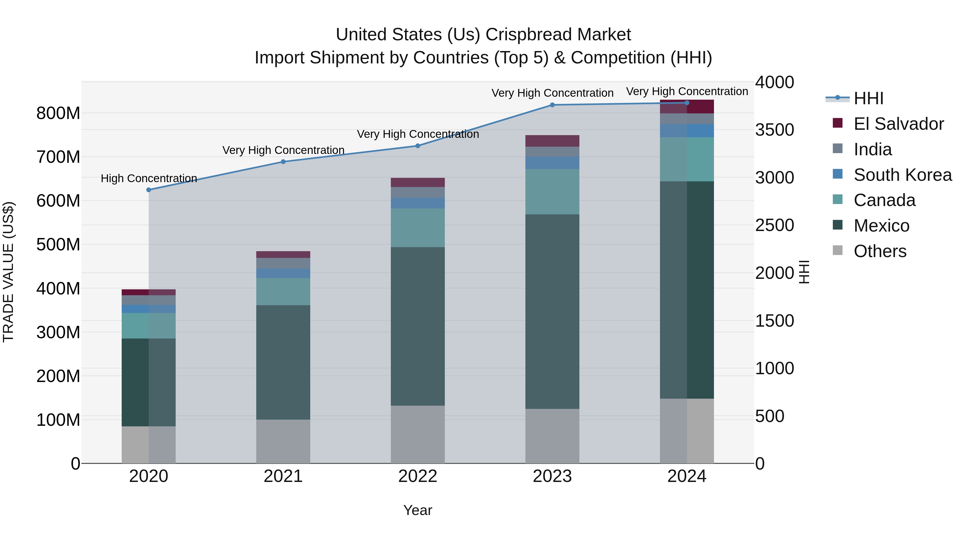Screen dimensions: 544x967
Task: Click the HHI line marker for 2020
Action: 149,190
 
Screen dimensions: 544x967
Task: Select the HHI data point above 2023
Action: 552,105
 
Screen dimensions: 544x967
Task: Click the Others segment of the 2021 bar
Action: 283,441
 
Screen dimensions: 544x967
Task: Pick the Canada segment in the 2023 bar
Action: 552,192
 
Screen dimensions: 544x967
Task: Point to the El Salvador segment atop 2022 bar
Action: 417,182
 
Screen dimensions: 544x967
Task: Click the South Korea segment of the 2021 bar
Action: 283,273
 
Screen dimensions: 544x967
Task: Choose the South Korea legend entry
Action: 903,175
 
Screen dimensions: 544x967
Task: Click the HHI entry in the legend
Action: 868,98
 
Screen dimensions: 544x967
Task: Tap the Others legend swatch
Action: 838,250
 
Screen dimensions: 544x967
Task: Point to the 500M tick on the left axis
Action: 58,245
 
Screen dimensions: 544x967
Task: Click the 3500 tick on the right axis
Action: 774,130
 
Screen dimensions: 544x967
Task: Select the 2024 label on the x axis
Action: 687,476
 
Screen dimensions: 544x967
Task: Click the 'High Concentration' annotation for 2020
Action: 149,178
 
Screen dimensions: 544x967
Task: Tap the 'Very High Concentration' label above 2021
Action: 283,150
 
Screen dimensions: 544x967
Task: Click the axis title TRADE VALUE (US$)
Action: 8,272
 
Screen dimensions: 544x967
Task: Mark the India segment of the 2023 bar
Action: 552,152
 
